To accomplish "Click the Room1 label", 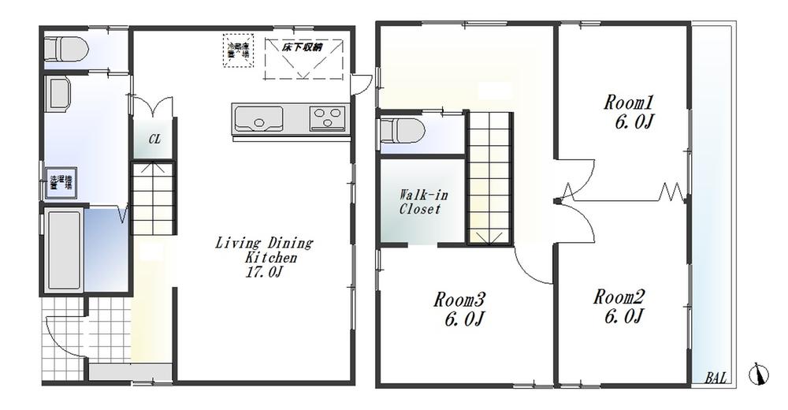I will (630, 112).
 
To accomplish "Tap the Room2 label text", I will (619, 307).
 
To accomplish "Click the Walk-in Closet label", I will (419, 202).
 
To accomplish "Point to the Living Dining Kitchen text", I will (264, 257).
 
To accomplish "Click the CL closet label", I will (154, 140).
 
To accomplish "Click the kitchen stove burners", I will (326, 119).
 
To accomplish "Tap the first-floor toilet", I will (63, 50).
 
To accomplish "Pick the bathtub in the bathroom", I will (63, 249).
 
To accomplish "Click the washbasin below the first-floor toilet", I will (59, 94).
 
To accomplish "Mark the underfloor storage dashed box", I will (303, 58).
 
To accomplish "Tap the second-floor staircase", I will (490, 177).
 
